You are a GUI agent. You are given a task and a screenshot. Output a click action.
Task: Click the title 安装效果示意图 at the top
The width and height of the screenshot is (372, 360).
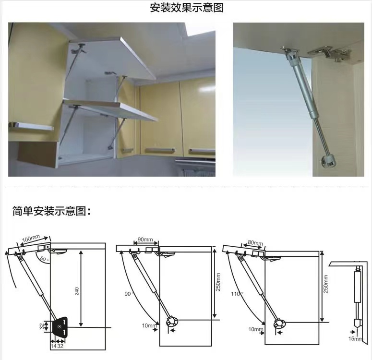tap(186, 8)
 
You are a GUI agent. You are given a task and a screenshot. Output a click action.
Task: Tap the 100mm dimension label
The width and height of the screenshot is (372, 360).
tap(31, 238)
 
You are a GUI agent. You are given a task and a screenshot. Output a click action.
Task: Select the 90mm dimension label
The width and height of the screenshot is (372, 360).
tap(145, 240)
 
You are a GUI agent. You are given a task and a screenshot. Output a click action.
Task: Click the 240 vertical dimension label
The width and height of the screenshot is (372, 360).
tap(77, 291)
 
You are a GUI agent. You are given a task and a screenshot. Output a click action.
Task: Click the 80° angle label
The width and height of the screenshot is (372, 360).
tap(44, 259)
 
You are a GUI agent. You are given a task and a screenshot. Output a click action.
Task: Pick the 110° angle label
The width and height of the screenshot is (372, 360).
tap(237, 294)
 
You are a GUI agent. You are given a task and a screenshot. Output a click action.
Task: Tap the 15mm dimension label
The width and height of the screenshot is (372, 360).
tap(355, 339)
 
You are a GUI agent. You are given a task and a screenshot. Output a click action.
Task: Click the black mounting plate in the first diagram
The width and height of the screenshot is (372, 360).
tap(60, 327)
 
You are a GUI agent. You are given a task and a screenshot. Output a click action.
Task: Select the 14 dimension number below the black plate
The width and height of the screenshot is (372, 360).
tap(53, 346)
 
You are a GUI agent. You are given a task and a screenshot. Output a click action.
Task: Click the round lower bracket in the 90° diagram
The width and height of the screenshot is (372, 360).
tap(172, 322)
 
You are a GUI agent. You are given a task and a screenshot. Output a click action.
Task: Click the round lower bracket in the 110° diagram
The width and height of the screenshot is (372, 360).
tap(280, 324)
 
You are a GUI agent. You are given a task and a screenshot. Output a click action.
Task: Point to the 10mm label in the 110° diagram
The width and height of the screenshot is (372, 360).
tap(256, 329)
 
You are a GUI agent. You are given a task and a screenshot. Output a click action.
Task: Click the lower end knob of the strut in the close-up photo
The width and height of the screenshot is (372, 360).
tap(328, 161)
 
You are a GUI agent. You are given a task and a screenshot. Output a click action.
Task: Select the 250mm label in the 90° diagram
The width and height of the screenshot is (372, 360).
tap(218, 282)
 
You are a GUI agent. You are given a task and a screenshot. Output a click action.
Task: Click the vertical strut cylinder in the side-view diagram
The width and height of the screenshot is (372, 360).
tap(358, 287)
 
